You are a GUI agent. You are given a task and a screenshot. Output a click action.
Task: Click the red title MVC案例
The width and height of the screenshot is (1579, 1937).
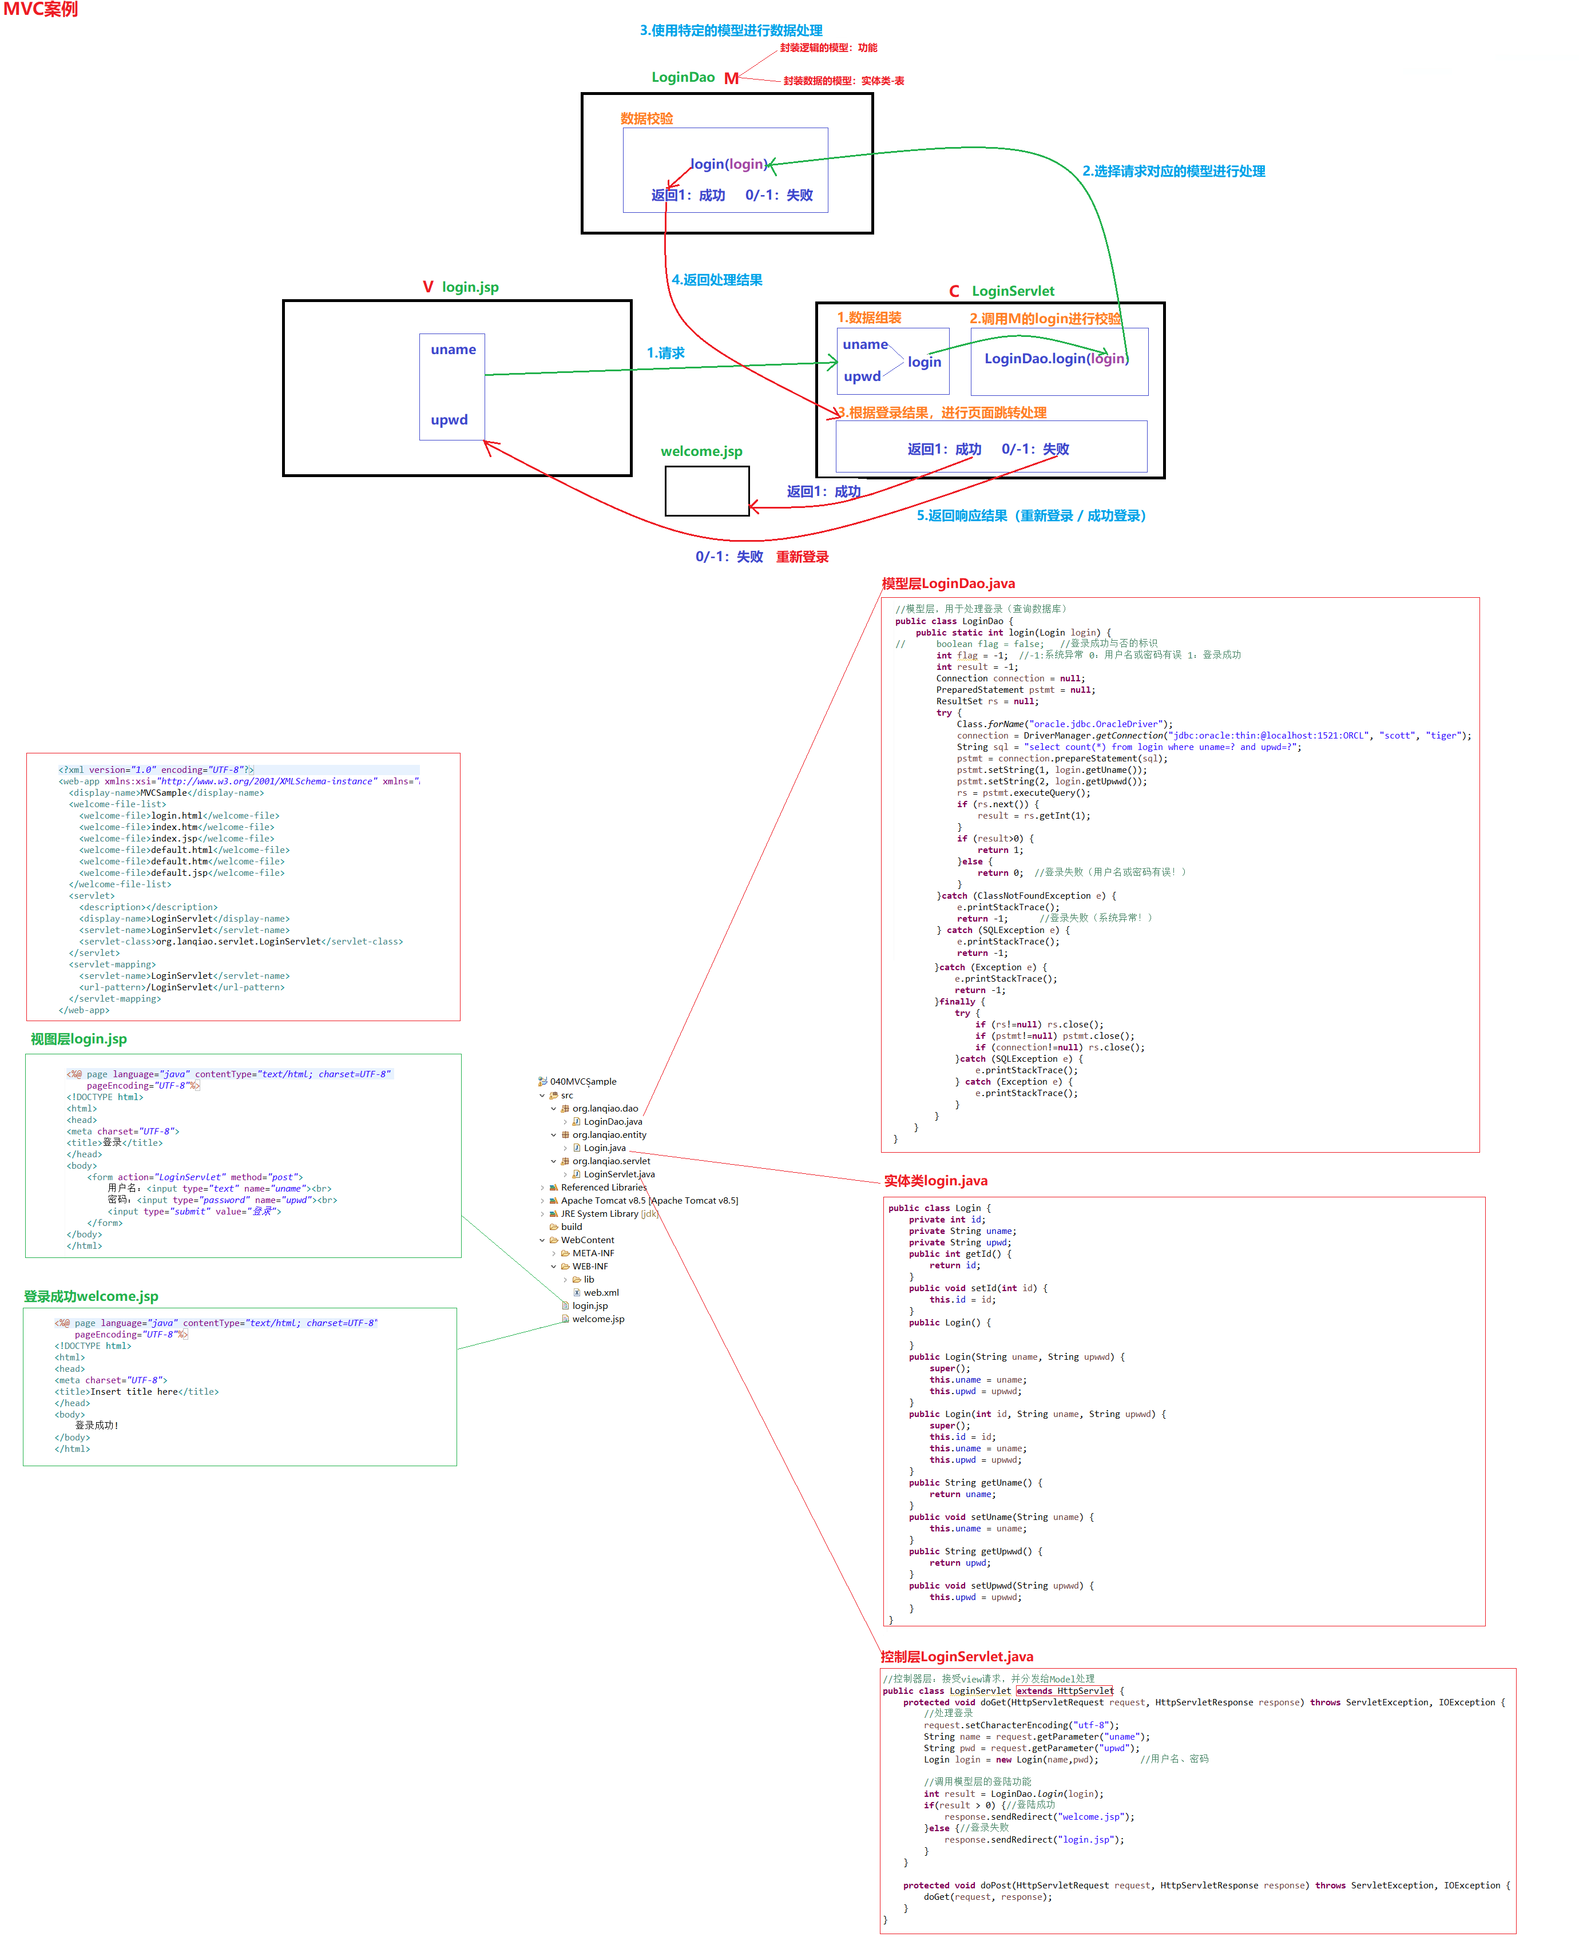(x=41, y=10)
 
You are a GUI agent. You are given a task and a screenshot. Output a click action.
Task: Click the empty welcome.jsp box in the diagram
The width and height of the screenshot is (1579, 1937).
(x=707, y=491)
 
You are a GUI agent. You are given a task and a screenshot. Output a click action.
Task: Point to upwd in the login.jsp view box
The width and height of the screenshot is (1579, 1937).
(x=449, y=419)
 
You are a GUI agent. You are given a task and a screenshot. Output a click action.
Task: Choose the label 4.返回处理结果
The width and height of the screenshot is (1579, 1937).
(x=717, y=280)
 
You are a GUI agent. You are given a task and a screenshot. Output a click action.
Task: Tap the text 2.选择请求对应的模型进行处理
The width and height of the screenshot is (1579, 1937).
(x=1173, y=171)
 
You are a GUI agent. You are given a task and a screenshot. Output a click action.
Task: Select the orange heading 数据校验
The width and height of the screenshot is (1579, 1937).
(x=646, y=118)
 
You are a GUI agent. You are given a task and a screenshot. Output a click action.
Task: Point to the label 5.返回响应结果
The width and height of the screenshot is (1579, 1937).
(x=1030, y=515)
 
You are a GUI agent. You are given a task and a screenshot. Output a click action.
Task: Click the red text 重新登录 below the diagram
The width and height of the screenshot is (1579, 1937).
(x=802, y=557)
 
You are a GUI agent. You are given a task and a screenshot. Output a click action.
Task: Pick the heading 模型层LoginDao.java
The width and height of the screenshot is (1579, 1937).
(x=948, y=584)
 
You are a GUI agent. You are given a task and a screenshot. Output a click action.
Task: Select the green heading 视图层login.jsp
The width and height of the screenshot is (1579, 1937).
(x=78, y=1038)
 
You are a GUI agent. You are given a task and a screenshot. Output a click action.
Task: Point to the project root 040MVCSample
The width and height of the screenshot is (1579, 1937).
(x=582, y=1081)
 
